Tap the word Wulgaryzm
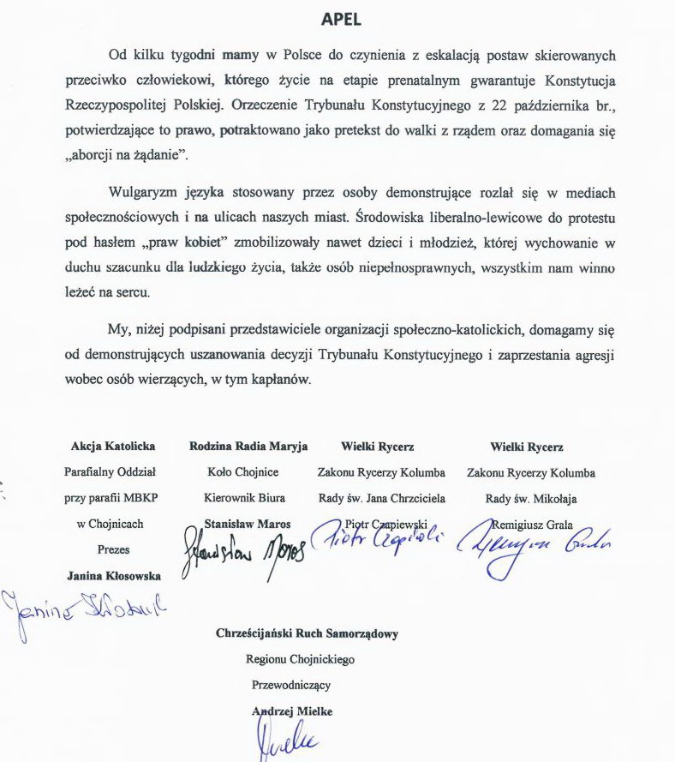click(145, 193)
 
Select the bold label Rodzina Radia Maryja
click(248, 447)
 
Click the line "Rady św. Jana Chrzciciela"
click(381, 498)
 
